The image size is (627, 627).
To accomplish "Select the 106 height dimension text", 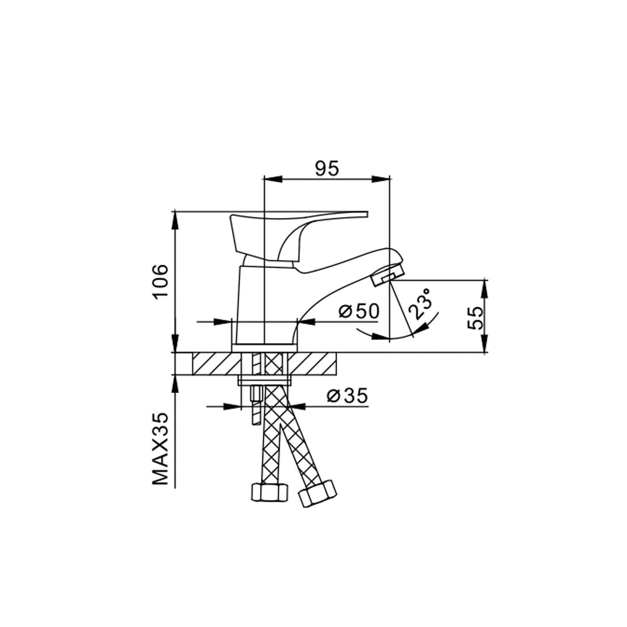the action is [161, 282].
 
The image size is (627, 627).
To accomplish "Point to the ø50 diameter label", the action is [359, 311].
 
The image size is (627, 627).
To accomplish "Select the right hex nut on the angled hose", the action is [317, 493].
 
